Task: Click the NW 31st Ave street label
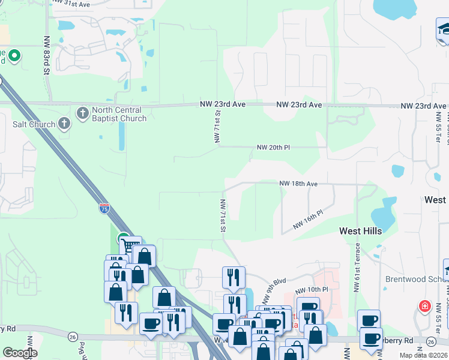71,4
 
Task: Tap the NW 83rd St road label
47,55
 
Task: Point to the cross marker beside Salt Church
64,124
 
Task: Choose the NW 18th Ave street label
298,184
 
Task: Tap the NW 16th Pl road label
308,220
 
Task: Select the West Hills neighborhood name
360,230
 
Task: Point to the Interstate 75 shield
104,208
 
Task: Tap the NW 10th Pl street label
312,290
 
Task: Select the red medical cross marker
425,306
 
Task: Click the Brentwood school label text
417,279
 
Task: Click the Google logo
19,353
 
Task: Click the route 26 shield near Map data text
430,341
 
